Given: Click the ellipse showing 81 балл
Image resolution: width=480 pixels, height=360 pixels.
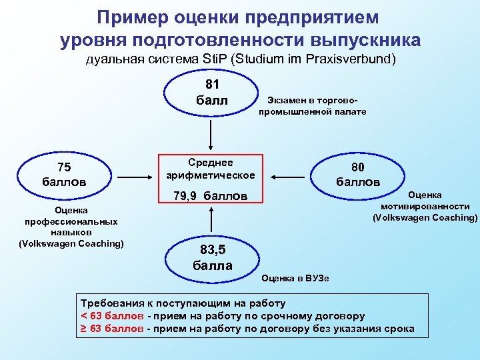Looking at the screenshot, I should [212, 93].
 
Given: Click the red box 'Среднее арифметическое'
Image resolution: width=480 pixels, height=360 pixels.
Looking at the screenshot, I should [211, 169].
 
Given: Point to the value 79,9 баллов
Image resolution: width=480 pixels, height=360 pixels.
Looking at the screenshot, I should [211, 197].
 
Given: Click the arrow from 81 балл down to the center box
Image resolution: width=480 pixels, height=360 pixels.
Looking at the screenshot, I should [212, 133].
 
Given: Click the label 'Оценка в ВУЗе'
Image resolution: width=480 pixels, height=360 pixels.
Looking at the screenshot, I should [295, 277].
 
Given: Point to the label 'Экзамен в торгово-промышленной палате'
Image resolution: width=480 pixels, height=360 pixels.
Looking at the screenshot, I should [312, 105].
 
